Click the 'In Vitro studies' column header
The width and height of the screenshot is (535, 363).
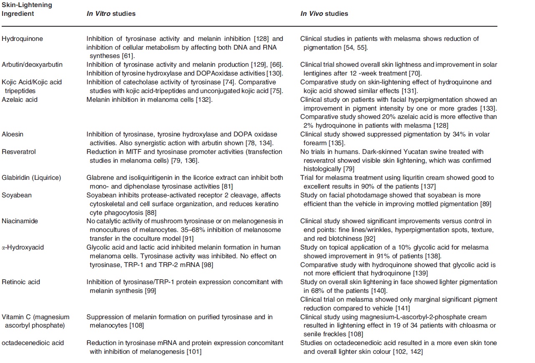tap(111, 14)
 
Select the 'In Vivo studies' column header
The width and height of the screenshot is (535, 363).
tap(324, 14)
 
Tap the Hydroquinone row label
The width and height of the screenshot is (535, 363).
tap(22, 39)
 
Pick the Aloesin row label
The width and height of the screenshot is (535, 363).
tap(13, 134)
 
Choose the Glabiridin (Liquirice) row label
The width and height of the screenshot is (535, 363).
tap(31, 178)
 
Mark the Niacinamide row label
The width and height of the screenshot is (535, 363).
tap(20, 221)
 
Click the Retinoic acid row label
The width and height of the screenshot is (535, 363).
tap(21, 282)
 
